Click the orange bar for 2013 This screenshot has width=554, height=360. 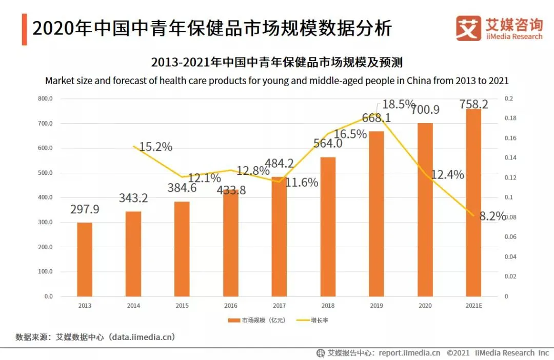coord(85,259)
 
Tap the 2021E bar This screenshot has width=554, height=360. coord(473,203)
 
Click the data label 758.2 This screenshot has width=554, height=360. coord(474,105)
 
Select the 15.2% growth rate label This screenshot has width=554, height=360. coord(155,147)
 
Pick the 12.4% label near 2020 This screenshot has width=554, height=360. coord(447,174)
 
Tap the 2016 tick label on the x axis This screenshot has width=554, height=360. coord(231,306)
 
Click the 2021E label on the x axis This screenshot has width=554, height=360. coord(473,306)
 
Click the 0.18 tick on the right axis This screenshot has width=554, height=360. coord(510,118)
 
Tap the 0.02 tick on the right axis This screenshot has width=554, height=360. coord(510,277)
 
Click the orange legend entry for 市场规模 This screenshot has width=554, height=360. coord(256,321)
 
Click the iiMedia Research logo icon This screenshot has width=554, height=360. coord(468,28)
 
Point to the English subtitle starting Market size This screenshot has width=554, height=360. coord(276,81)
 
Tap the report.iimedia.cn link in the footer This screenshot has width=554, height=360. coord(409,353)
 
